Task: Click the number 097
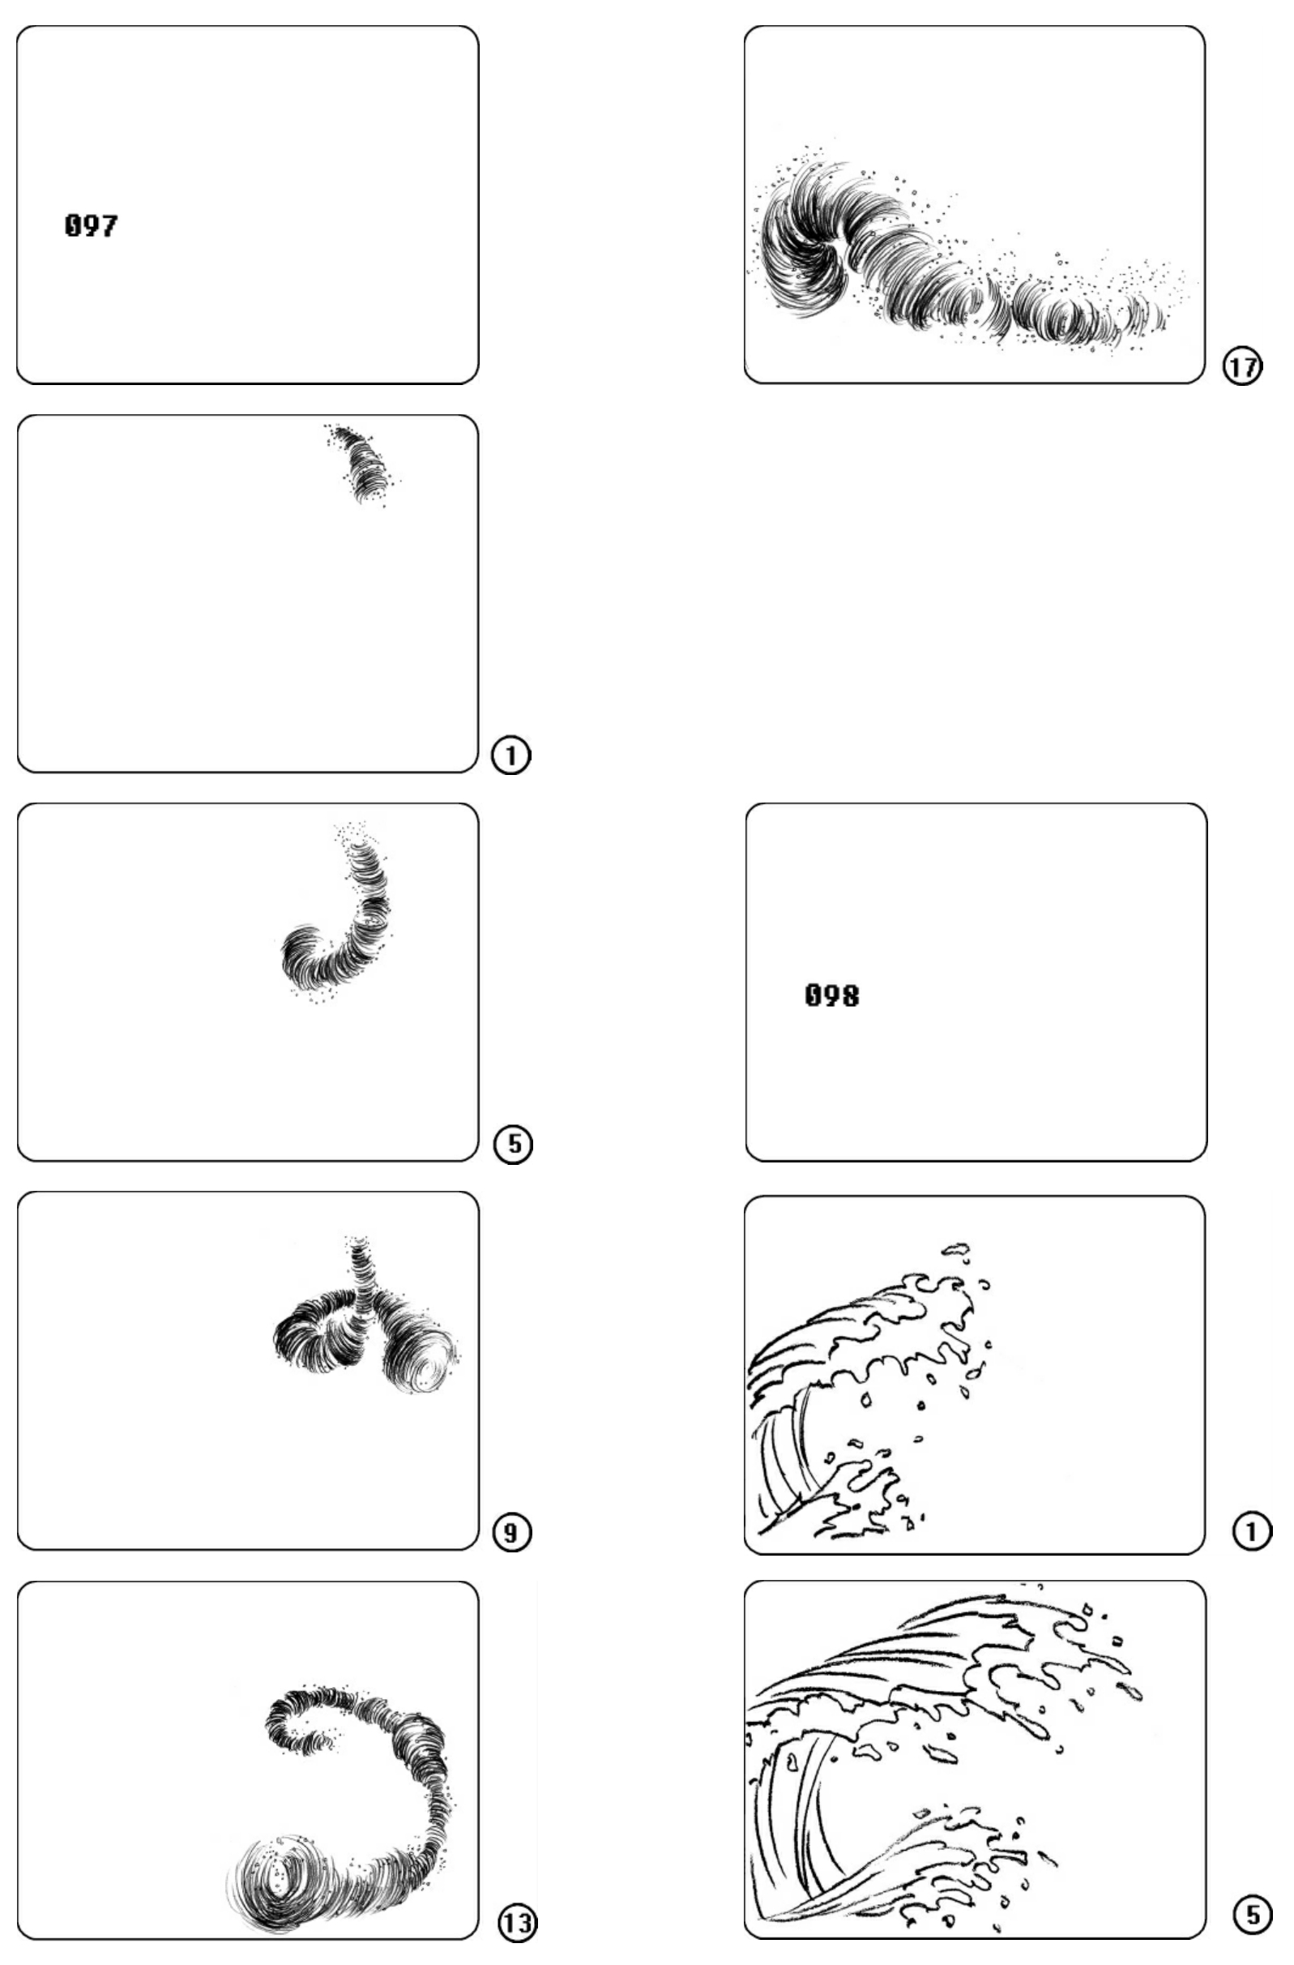(91, 225)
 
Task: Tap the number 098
(831, 995)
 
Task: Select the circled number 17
(1242, 366)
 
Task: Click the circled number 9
(511, 1532)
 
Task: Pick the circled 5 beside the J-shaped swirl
(512, 1145)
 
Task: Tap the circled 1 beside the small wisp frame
(510, 755)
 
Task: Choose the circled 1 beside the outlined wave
(1252, 1532)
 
